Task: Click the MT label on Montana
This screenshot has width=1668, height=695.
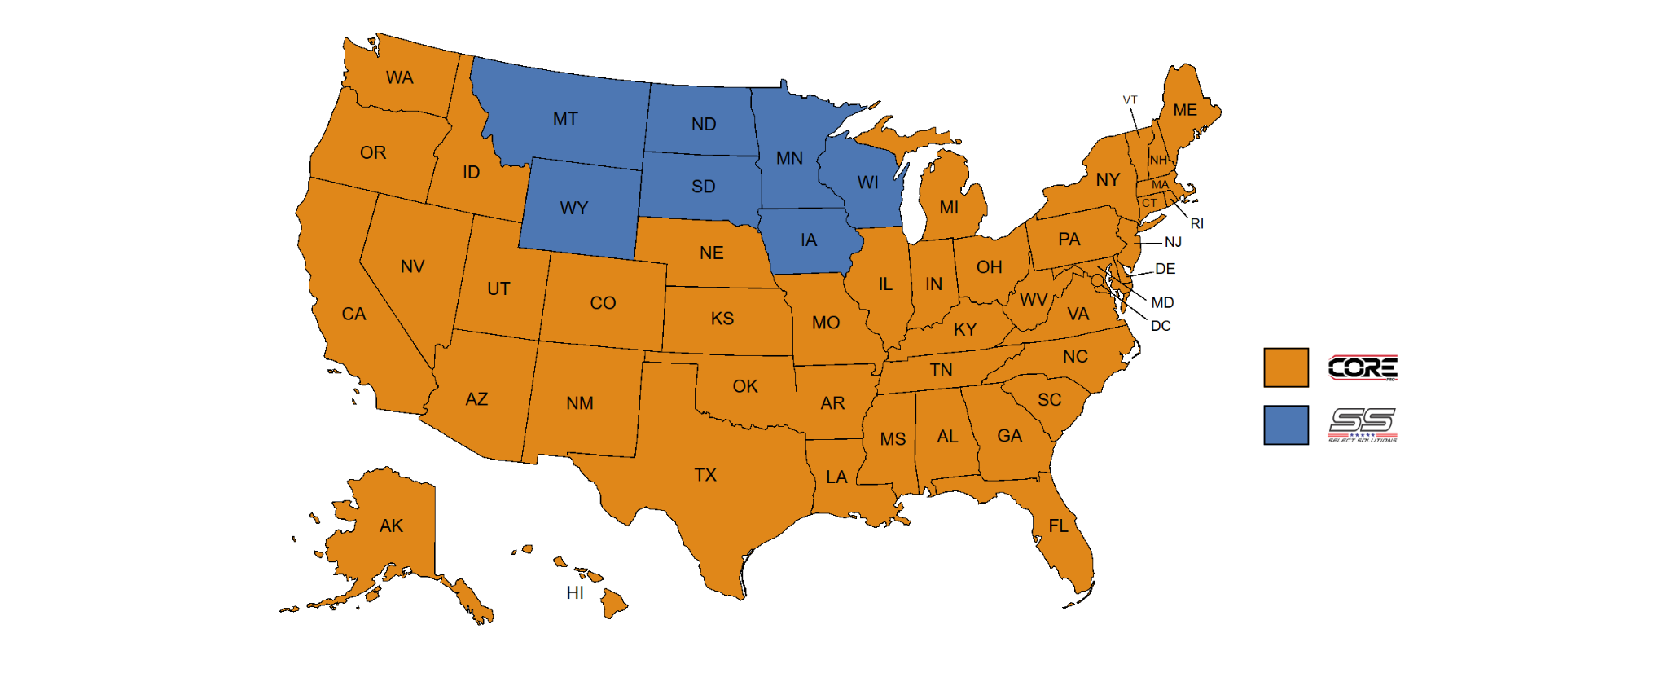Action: pyautogui.click(x=565, y=119)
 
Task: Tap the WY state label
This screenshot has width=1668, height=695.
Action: pyautogui.click(x=573, y=208)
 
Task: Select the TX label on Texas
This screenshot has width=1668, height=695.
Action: pyautogui.click(x=705, y=475)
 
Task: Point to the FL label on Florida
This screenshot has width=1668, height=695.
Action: pyautogui.click(x=1058, y=526)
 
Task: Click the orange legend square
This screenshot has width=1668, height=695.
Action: pyautogui.click(x=1286, y=367)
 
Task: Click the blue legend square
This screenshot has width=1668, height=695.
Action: pyautogui.click(x=1286, y=425)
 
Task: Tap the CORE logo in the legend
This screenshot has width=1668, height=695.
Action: pyautogui.click(x=1363, y=368)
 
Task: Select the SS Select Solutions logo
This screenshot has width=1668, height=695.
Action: pyautogui.click(x=1363, y=424)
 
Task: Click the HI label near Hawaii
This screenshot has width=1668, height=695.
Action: pyautogui.click(x=575, y=593)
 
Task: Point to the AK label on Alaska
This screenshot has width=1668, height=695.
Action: pyautogui.click(x=391, y=526)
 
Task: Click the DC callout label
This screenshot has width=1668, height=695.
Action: pyautogui.click(x=1161, y=326)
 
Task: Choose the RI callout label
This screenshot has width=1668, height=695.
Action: pyautogui.click(x=1196, y=223)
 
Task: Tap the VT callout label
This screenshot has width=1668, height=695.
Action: pyautogui.click(x=1130, y=100)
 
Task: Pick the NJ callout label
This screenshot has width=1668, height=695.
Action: pyautogui.click(x=1173, y=242)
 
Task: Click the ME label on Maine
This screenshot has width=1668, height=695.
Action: pyautogui.click(x=1185, y=110)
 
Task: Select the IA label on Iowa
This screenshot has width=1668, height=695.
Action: pyautogui.click(x=808, y=240)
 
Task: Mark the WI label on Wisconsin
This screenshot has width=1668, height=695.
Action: pyautogui.click(x=867, y=183)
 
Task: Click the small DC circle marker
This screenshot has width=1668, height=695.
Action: pyautogui.click(x=1097, y=280)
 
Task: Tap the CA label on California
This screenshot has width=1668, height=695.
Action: pyautogui.click(x=353, y=314)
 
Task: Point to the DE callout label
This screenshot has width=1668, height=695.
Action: pyautogui.click(x=1165, y=269)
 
